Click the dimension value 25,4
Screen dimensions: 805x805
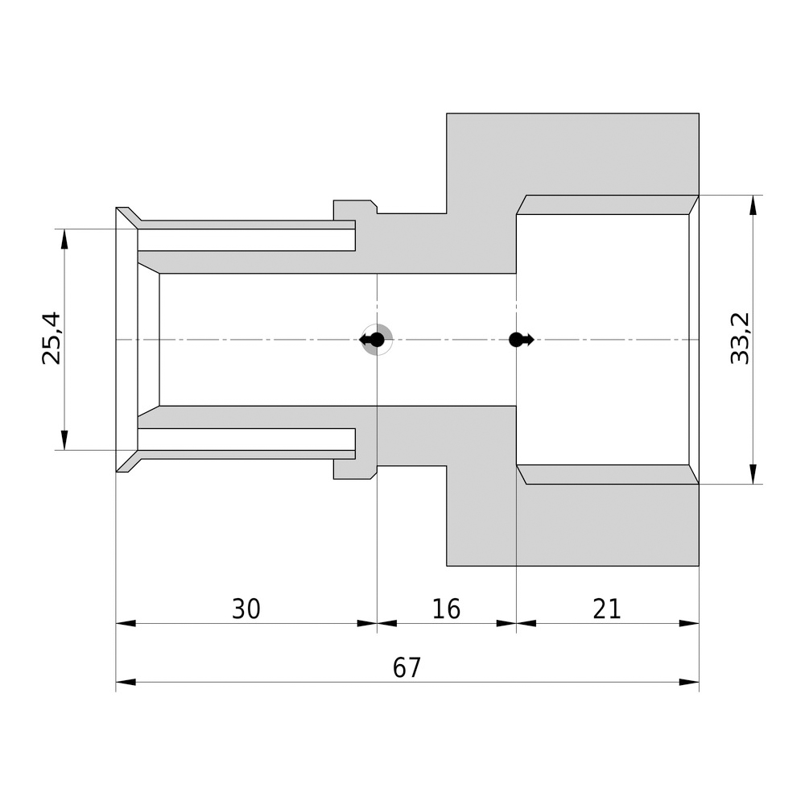click(52, 339)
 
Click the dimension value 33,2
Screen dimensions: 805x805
click(740, 339)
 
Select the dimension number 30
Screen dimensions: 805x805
click(246, 609)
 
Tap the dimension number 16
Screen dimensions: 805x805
click(446, 609)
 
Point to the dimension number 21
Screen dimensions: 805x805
click(607, 609)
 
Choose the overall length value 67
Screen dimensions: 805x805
click(407, 668)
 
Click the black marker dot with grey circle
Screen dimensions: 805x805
click(376, 340)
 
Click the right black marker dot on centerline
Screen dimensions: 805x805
click(517, 340)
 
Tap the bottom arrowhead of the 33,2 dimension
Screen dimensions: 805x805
click(753, 474)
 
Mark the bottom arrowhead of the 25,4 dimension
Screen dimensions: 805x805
click(64, 440)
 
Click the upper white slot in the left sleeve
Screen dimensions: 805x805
click(246, 240)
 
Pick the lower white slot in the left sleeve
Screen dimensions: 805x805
click(246, 439)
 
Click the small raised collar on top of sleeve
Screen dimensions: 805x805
click(354, 209)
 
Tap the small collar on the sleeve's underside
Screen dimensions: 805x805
click(354, 469)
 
